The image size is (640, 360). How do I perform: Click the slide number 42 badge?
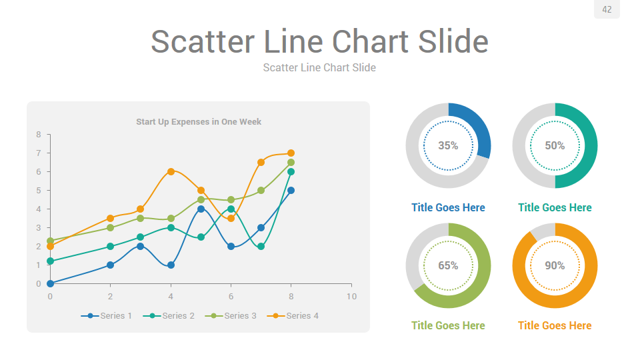coord(607,9)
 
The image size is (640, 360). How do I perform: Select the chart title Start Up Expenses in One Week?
coord(199,121)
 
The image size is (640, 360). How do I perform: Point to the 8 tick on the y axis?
coord(39,135)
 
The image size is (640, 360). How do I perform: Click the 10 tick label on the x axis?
coord(351,296)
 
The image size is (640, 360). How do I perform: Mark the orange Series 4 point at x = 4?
coord(171,171)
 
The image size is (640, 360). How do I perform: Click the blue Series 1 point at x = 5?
coord(201,209)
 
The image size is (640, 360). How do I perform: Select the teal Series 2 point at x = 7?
coord(261,246)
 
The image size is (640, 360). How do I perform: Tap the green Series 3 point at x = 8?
coord(291,162)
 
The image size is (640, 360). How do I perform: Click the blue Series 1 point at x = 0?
coord(50,283)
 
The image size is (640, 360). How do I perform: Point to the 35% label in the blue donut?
coord(448,145)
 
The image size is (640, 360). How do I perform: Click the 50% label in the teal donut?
coord(555,145)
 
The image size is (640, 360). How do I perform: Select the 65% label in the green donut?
coord(448,265)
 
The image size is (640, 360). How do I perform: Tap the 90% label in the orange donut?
coord(555,265)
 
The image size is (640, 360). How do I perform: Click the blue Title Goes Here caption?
coord(448,207)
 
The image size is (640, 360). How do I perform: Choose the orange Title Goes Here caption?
coord(555,325)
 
